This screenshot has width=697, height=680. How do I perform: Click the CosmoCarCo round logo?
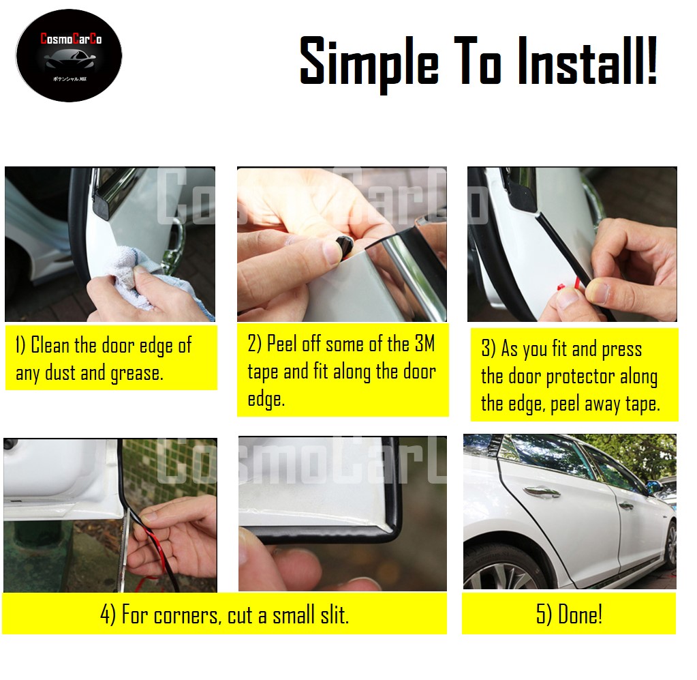tap(69, 56)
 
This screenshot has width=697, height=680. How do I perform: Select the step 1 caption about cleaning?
tap(104, 359)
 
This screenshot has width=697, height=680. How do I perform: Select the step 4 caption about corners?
tap(224, 615)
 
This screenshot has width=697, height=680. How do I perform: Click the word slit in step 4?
tap(333, 615)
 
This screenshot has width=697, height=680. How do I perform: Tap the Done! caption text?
tap(569, 615)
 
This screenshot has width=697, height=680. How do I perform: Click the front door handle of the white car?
tap(538, 491)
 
